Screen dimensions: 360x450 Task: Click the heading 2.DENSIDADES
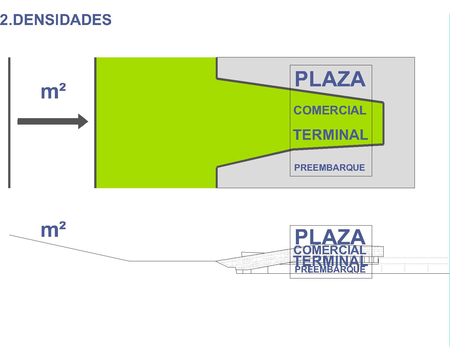click(56, 20)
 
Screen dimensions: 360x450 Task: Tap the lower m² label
click(53, 230)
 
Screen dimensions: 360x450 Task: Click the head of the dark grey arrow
click(83, 121)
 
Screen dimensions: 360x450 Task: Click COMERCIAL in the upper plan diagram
click(330, 110)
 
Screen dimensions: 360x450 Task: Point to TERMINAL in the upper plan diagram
click(330, 135)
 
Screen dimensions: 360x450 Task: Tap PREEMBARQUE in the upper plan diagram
click(330, 168)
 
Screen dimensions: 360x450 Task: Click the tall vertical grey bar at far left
click(9, 123)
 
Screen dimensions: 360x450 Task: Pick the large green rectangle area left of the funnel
click(156, 123)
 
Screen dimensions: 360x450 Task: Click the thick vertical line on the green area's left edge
click(95, 123)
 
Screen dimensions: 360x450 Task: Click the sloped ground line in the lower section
click(70, 248)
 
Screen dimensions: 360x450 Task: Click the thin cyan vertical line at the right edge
click(449, 180)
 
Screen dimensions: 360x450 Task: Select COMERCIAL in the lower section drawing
click(330, 250)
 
